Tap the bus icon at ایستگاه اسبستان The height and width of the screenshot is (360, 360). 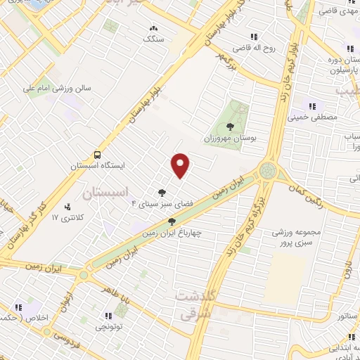(97, 155)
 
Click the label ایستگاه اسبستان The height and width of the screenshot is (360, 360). (98, 167)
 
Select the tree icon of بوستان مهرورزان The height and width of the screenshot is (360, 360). (231, 127)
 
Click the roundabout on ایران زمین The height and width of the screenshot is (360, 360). (268, 171)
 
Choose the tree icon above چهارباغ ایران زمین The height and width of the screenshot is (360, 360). (172, 221)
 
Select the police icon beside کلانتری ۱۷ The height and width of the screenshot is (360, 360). (68, 207)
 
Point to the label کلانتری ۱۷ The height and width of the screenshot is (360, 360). (67, 218)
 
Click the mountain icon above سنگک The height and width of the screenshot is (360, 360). (153, 28)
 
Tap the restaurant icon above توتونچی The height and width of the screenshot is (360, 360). (108, 316)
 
